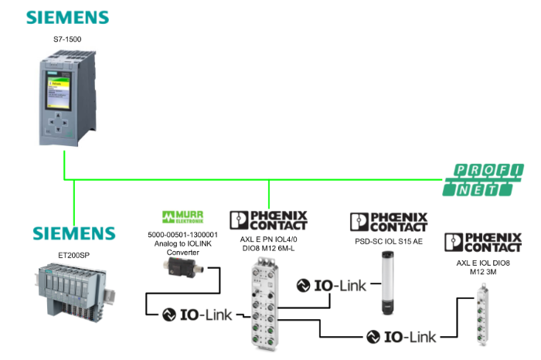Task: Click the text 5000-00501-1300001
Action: (x=182, y=233)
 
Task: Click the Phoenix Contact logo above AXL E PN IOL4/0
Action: (x=268, y=220)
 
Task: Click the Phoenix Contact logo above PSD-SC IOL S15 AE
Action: (x=389, y=222)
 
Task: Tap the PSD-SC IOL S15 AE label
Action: (x=388, y=241)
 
